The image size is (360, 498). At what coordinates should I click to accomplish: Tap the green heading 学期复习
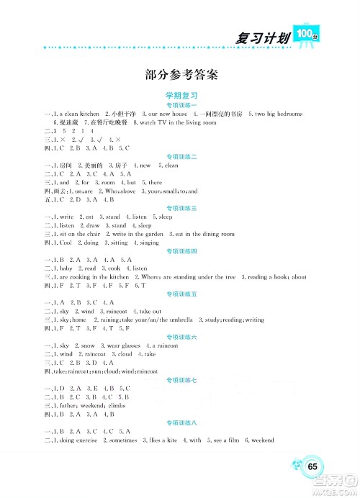pyautogui.click(x=181, y=95)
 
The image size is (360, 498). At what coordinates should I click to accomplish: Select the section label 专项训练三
pyautogui.click(x=181, y=207)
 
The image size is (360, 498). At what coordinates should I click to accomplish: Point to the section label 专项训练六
pyautogui.click(x=181, y=336)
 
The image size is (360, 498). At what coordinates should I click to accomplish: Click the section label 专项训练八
pyautogui.click(x=181, y=421)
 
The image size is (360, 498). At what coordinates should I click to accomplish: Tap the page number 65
pyautogui.click(x=312, y=466)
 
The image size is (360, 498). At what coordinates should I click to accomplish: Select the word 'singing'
pyautogui.click(x=149, y=243)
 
